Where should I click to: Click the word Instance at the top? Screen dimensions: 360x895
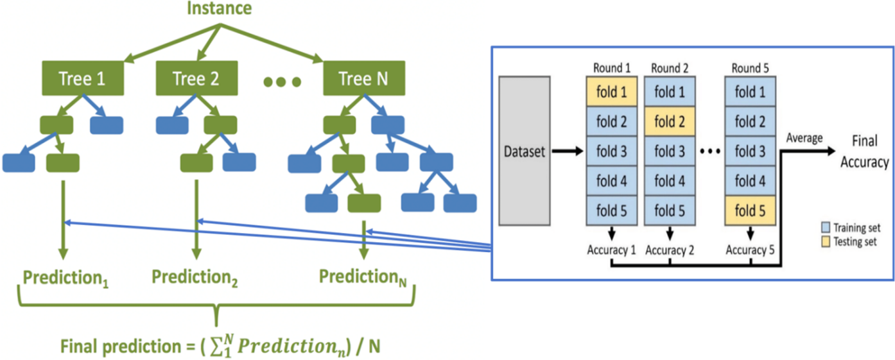(x=220, y=9)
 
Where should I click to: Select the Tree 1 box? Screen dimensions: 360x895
(x=82, y=78)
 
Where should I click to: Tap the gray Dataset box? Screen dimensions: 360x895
(x=525, y=151)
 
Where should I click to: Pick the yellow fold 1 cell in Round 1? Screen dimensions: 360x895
(x=611, y=92)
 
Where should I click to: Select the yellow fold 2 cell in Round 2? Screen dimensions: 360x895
(x=669, y=121)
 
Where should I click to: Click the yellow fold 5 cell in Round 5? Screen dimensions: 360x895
(x=750, y=210)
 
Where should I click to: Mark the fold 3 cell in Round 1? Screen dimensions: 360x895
(x=611, y=151)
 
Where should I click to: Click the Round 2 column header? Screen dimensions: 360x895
(x=669, y=68)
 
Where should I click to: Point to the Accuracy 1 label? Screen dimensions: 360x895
(x=611, y=250)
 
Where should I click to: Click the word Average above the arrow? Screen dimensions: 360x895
(x=804, y=139)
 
